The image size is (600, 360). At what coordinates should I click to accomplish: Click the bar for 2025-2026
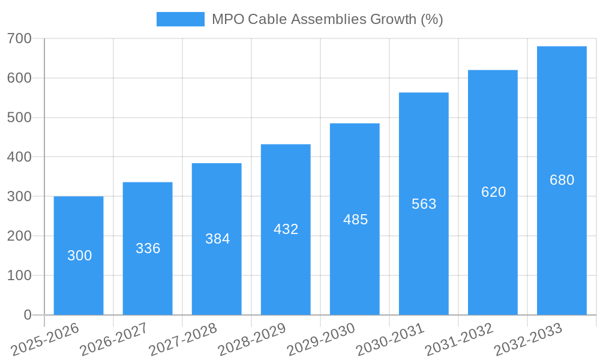79,256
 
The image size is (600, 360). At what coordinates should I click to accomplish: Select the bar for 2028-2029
286,229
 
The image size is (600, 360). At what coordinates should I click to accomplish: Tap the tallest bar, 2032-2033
562,180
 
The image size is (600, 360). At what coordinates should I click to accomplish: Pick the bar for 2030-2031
424,204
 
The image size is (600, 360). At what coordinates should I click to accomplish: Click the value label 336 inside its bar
148,248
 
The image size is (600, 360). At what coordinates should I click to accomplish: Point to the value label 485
355,220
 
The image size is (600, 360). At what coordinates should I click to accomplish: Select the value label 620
493,192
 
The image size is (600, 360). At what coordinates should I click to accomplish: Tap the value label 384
217,239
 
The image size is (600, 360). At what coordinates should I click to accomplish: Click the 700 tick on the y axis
19,39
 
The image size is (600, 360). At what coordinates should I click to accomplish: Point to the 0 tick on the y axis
28,315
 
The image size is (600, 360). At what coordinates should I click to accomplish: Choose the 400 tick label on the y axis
19,157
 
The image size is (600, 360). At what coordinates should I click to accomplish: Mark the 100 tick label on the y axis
19,275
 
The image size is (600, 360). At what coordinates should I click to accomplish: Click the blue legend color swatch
180,19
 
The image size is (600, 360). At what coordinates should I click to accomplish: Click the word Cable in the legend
266,19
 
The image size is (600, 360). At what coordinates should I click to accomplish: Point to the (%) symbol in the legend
431,19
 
